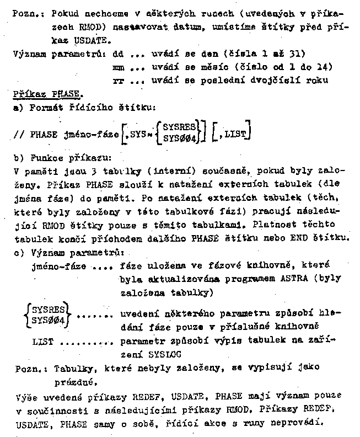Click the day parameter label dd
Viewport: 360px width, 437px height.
click(x=117, y=55)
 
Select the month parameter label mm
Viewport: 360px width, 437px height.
click(x=117, y=67)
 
